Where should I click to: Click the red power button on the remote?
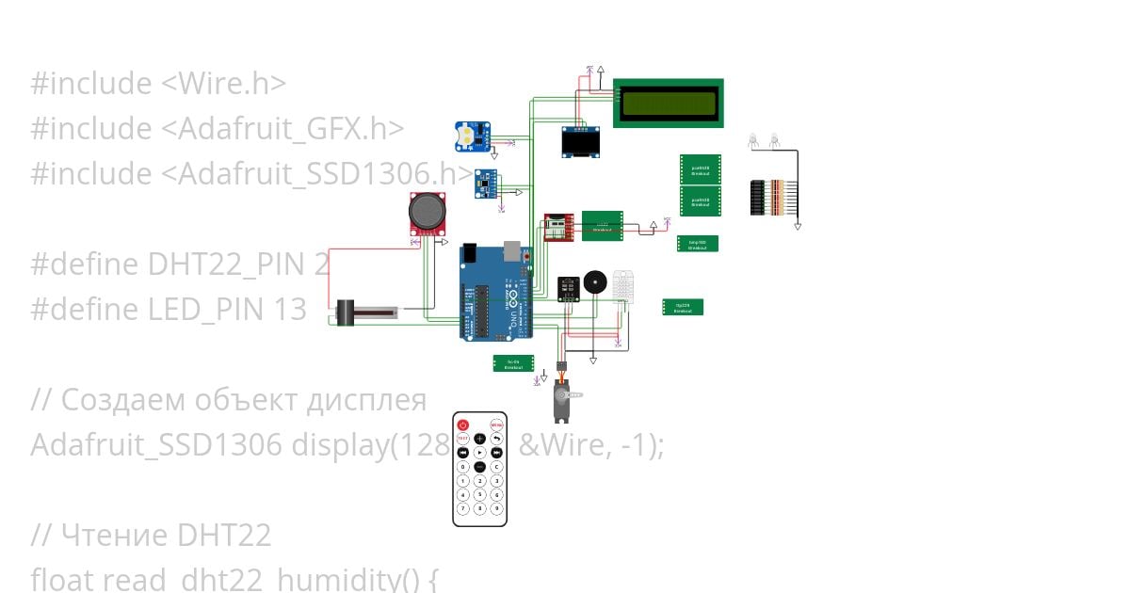(x=462, y=424)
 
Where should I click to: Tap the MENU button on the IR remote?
(x=496, y=424)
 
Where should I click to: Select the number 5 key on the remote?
(x=479, y=494)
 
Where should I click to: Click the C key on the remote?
(x=496, y=466)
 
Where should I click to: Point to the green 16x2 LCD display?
(x=669, y=102)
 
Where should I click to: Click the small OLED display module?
(x=581, y=142)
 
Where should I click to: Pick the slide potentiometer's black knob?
(x=345, y=313)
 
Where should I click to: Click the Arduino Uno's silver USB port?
(x=512, y=250)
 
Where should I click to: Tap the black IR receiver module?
(x=568, y=288)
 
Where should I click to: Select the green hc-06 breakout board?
(x=513, y=363)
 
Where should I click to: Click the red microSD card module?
(x=558, y=228)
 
